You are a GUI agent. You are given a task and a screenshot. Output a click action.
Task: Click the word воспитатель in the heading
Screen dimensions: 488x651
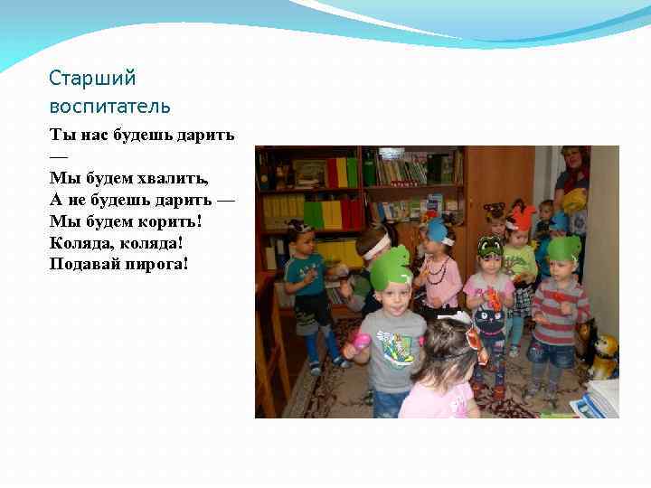click(x=109, y=107)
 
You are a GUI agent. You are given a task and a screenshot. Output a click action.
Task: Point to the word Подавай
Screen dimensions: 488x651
click(x=84, y=264)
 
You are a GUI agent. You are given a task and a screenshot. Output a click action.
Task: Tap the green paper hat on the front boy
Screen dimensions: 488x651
click(x=391, y=267)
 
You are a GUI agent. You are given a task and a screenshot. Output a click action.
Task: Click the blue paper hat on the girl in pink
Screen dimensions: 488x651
click(x=438, y=230)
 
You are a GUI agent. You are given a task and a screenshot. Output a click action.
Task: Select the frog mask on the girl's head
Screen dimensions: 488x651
click(x=490, y=247)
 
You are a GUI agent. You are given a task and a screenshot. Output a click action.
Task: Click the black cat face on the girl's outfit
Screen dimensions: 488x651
click(x=489, y=321)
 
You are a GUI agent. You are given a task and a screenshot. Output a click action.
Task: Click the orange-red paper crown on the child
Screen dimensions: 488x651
click(x=522, y=217)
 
